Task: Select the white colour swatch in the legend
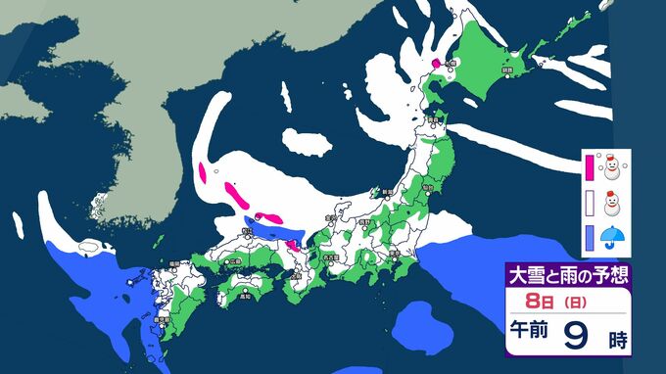590,204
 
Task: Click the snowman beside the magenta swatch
614,168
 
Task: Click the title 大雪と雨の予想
565,273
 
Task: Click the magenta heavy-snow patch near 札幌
438,64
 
